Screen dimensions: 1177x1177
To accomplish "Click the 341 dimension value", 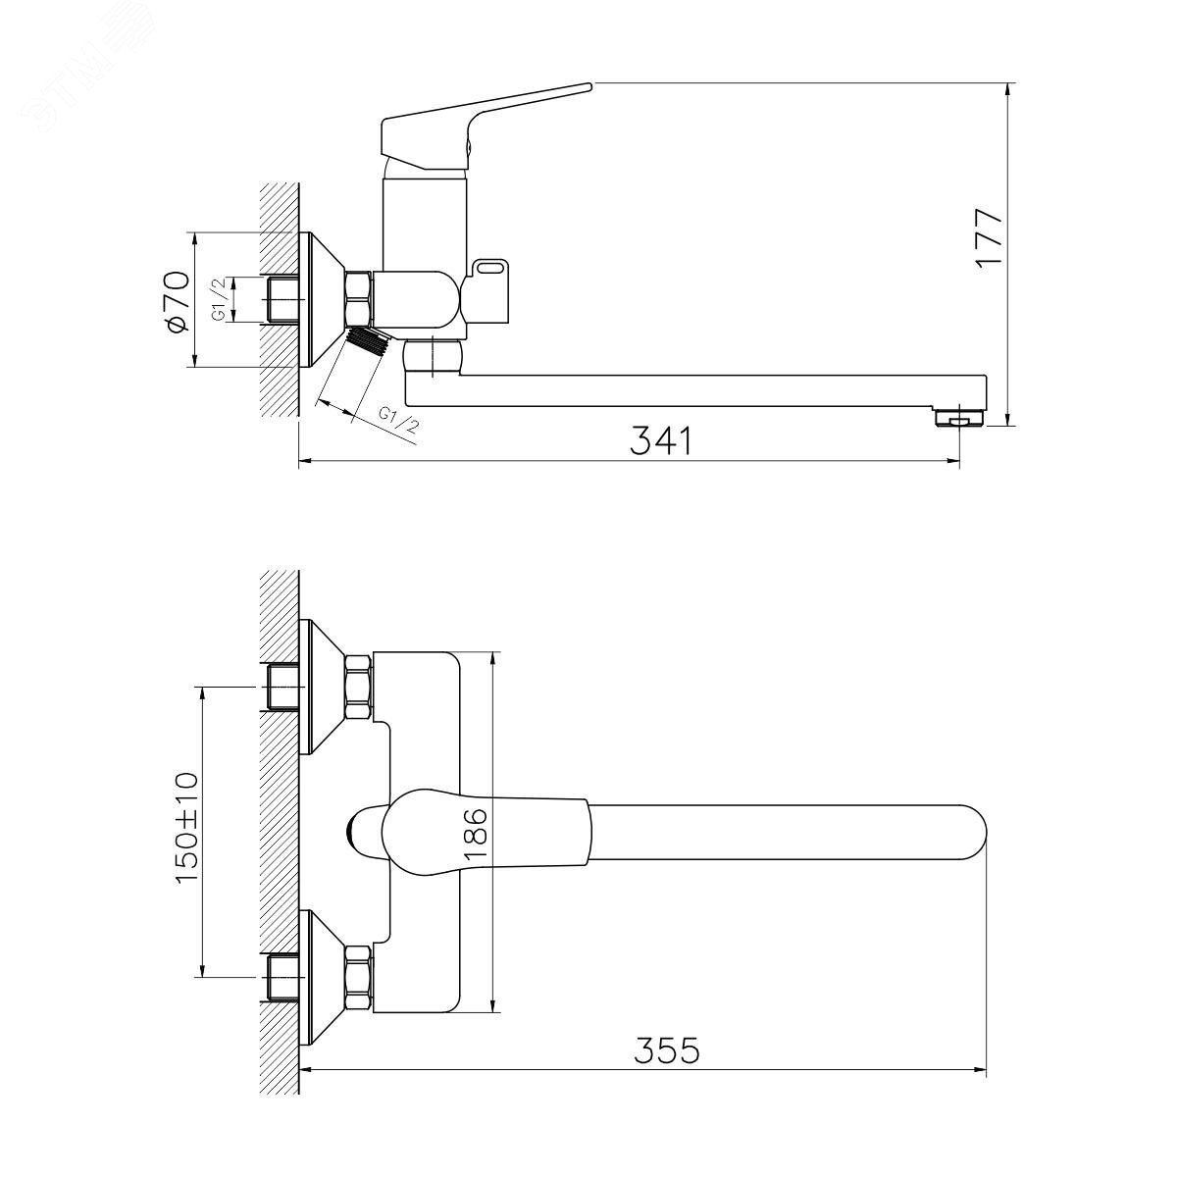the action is [661, 440].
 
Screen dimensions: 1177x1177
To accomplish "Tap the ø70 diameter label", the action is [176, 302].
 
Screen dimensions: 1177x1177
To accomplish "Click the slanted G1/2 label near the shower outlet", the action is [399, 420].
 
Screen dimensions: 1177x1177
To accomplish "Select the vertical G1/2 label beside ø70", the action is [220, 299].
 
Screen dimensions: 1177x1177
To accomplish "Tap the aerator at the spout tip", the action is [959, 418].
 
